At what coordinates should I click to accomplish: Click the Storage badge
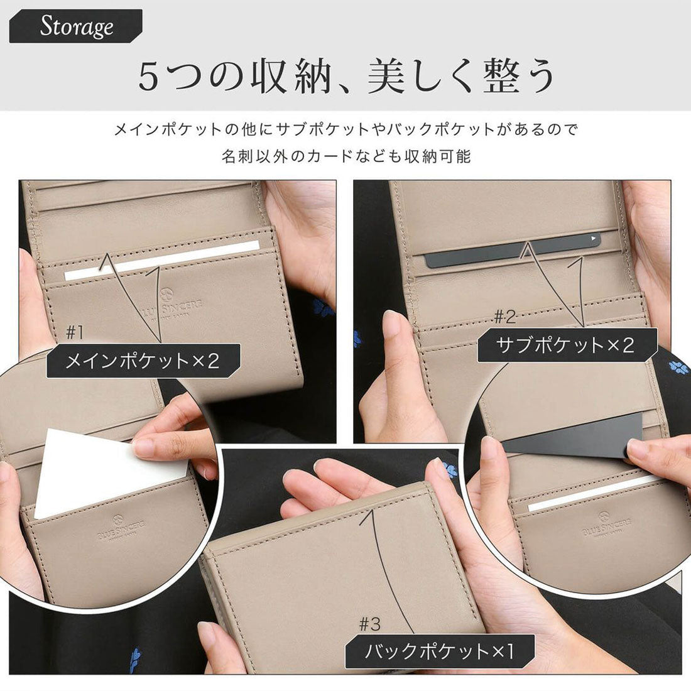(x=76, y=26)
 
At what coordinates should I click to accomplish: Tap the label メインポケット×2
(x=144, y=361)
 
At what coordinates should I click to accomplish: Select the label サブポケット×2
(x=567, y=345)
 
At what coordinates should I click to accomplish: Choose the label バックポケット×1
(x=439, y=651)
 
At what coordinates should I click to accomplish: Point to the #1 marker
(x=75, y=332)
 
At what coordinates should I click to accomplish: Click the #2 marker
(x=504, y=316)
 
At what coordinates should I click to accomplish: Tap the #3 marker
(x=369, y=624)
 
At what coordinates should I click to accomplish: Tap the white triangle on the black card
(x=593, y=239)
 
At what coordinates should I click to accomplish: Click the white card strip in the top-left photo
(x=161, y=261)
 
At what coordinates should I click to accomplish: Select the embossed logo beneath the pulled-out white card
(x=121, y=527)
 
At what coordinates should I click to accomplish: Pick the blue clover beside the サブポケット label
(x=679, y=367)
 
